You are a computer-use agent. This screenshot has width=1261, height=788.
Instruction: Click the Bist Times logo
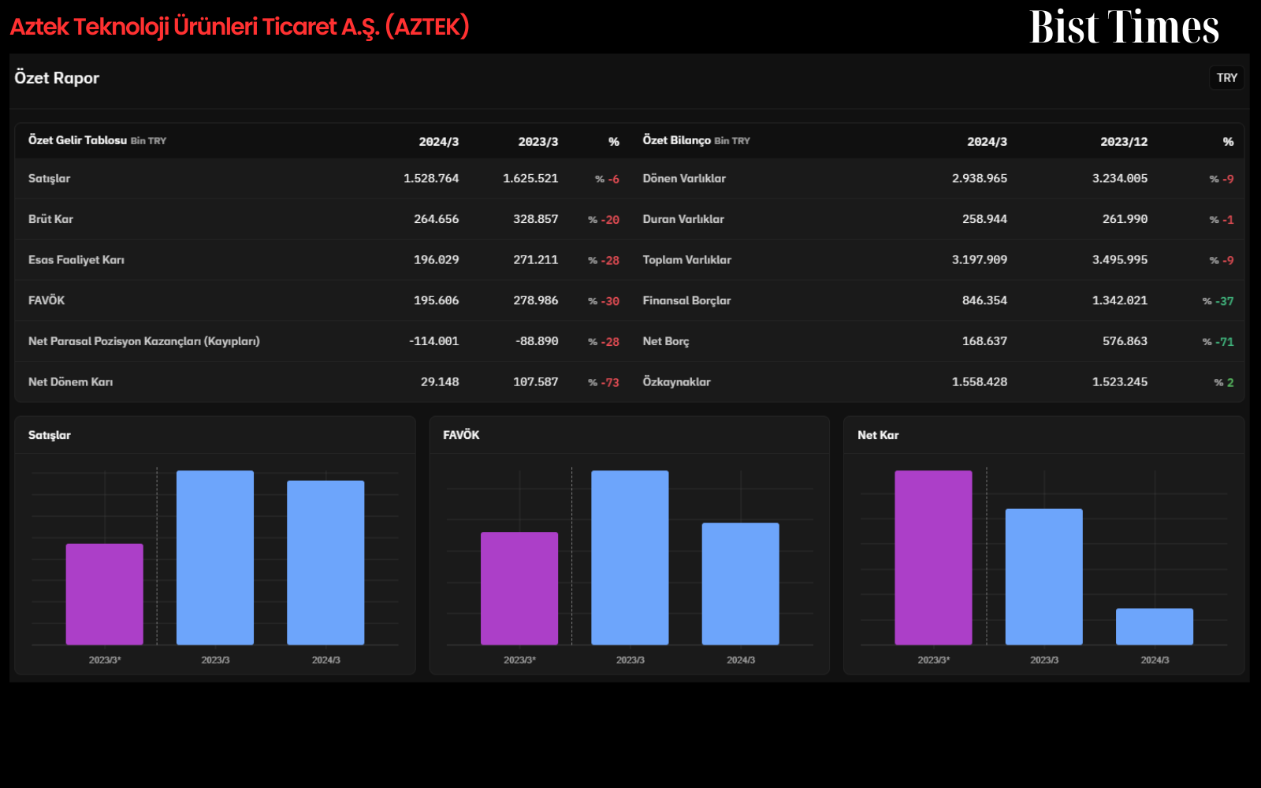tap(1124, 27)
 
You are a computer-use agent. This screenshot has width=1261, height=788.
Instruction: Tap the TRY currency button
tap(1226, 78)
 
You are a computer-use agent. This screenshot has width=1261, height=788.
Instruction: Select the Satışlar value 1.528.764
tap(431, 178)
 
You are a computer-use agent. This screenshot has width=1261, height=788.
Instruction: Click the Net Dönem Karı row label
tap(70, 382)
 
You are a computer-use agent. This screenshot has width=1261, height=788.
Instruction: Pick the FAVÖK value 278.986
tap(535, 300)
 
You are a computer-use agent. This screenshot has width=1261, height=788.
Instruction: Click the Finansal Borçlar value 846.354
tap(984, 300)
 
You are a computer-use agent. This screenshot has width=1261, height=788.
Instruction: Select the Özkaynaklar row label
tap(677, 382)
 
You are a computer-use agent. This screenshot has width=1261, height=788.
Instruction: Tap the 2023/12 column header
tap(1124, 142)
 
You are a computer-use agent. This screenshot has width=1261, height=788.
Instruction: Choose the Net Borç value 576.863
tap(1125, 341)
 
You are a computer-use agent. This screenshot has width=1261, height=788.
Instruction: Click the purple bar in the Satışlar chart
tap(105, 594)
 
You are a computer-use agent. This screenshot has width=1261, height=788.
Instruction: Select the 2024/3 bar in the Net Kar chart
tap(1155, 626)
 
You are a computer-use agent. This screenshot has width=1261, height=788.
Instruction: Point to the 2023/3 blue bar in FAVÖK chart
tap(630, 557)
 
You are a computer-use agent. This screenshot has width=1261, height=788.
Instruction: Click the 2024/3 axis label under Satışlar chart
tap(326, 660)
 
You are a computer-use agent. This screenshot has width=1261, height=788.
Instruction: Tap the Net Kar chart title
tap(878, 435)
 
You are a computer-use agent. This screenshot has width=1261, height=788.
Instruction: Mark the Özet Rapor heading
tap(57, 78)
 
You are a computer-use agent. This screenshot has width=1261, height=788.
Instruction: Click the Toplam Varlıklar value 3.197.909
tap(980, 260)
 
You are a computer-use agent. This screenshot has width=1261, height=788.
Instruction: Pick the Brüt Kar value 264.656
tap(437, 219)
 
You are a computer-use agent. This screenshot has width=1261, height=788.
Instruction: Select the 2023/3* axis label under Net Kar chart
tap(933, 660)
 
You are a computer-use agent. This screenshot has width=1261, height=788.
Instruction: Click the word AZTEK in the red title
tap(426, 27)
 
